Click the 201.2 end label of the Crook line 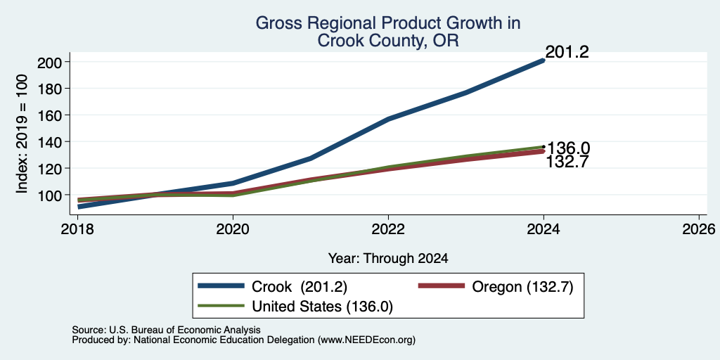tap(567, 52)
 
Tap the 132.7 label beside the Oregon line tap(567, 162)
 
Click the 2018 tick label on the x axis tap(78, 229)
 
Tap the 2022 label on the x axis tap(388, 229)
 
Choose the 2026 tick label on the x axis tap(699, 229)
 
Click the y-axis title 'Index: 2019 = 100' tap(22, 134)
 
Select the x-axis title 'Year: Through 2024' tap(388, 259)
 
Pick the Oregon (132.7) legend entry tap(496, 287)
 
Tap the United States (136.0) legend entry tap(295, 307)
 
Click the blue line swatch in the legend tap(221, 286)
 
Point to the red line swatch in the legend tap(441, 286)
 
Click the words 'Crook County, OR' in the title tap(388, 41)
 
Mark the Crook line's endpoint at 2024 tap(544, 60)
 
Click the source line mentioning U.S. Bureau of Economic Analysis tap(166, 330)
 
